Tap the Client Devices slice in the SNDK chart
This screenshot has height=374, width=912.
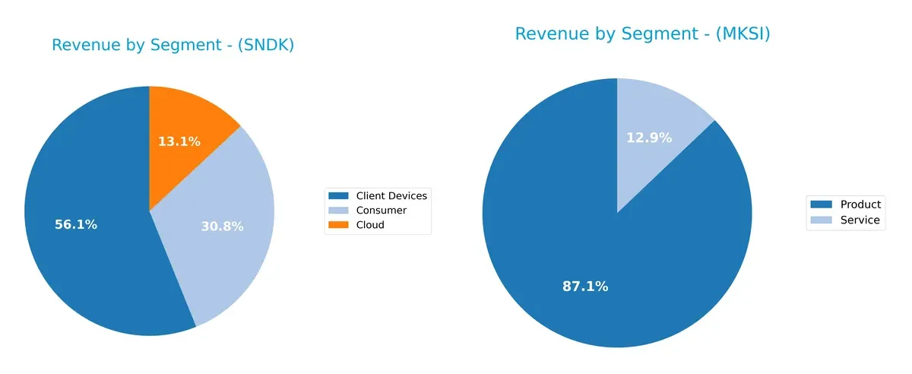[x=84, y=251]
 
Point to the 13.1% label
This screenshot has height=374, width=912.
[x=179, y=141]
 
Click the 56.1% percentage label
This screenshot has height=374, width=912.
[x=76, y=225]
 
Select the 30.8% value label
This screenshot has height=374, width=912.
[x=222, y=227]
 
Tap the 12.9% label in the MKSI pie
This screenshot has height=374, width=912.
[x=649, y=138]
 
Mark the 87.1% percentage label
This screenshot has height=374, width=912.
[x=585, y=287]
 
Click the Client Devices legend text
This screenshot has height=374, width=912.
[x=391, y=196]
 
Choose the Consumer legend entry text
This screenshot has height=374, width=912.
[x=381, y=211]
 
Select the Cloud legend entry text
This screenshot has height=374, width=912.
[x=370, y=225]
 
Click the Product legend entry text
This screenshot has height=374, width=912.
[x=860, y=204]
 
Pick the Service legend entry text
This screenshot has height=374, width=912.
[x=860, y=220]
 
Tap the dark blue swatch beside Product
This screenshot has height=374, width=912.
[x=822, y=204]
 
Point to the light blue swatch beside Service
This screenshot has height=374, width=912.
[x=822, y=220]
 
